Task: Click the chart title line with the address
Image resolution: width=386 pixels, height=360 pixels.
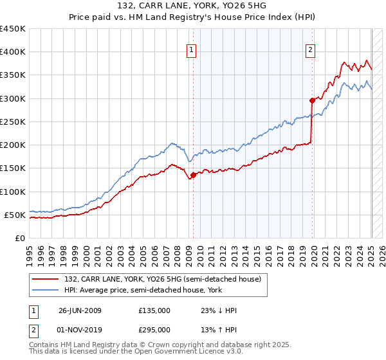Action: (x=193, y=6)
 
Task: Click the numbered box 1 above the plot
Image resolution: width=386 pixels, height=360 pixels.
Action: (x=192, y=51)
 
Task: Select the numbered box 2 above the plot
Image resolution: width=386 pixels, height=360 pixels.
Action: (x=311, y=51)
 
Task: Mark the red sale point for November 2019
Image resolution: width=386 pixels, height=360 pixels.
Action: (x=312, y=100)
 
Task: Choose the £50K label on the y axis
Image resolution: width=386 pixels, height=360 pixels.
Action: (x=15, y=215)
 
